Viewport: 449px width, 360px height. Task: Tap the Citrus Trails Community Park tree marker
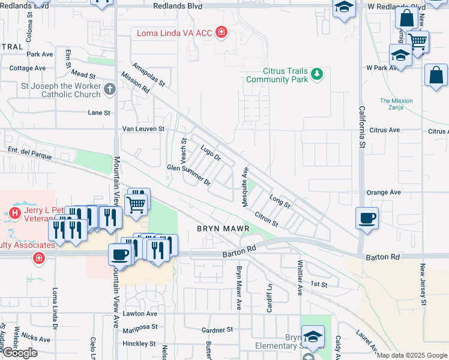click(317, 75)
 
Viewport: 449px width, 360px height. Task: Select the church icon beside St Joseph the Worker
click(109, 89)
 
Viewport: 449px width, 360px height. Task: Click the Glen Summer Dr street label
click(188, 175)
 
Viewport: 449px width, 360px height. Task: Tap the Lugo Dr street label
click(211, 153)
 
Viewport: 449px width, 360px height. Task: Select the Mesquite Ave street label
click(246, 187)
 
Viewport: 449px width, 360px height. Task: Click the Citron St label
click(266, 219)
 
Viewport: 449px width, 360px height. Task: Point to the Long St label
click(280, 202)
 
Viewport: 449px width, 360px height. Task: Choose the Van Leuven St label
click(143, 129)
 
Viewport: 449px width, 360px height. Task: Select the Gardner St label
click(217, 330)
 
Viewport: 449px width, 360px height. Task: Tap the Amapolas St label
click(148, 76)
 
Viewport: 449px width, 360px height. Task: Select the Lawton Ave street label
click(139, 314)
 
